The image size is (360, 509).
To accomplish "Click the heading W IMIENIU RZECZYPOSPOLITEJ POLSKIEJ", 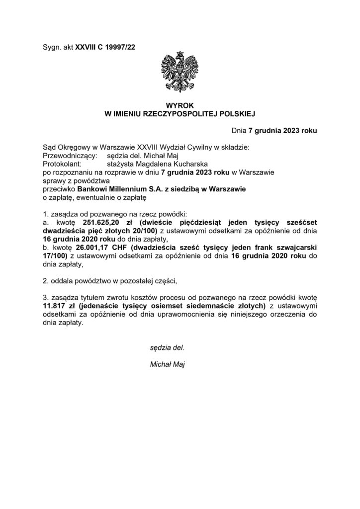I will pyautogui.click(x=180, y=114).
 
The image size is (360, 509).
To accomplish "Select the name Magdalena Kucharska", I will pyautogui.click(x=168, y=163).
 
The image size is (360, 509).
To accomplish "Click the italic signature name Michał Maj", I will pyautogui.click(x=167, y=364).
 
